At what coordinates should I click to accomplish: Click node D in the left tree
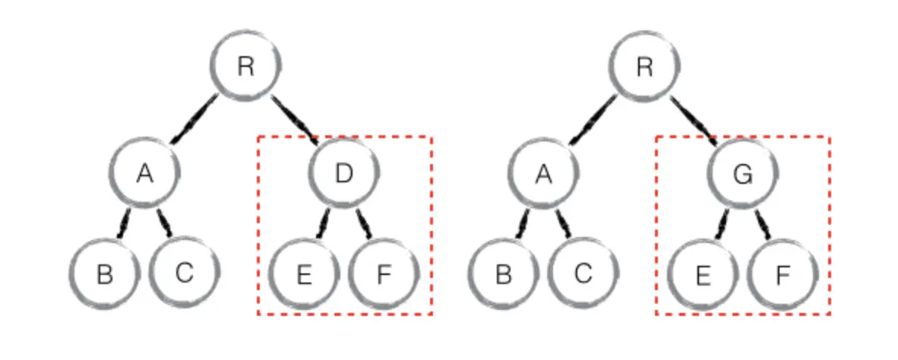point(344,173)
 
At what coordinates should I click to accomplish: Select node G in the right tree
point(742,173)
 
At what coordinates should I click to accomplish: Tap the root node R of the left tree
point(245,66)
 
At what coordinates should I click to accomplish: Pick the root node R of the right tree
point(643,66)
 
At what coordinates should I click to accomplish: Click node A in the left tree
point(144,173)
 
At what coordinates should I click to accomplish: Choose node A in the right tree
point(542,173)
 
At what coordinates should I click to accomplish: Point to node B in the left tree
point(105,273)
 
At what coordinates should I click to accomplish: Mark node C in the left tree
point(184,273)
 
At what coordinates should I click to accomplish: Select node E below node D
point(304,273)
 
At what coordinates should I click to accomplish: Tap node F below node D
point(384,273)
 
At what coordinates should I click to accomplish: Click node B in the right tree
point(503,273)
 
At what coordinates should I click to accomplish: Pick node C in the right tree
point(583,273)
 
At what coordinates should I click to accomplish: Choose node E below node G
point(702,273)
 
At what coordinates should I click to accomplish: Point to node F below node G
point(782,273)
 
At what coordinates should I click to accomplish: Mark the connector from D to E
point(323,223)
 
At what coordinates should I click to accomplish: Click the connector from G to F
point(763,223)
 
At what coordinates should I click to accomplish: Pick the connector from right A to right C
point(563,223)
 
